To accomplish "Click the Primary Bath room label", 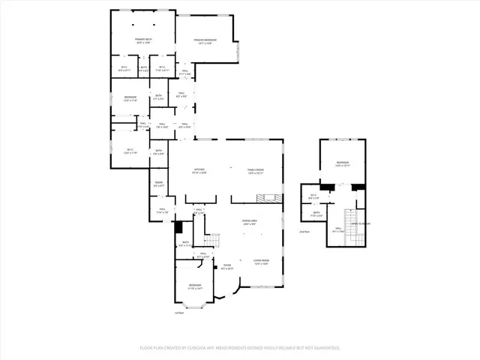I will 142,40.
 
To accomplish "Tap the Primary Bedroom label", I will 205,41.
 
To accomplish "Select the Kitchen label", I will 199,171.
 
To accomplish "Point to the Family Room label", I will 256,171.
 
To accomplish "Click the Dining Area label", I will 250,222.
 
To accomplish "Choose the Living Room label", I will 260,262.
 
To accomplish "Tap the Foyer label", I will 228,266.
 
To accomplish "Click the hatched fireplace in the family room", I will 262,198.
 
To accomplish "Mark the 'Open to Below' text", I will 361,223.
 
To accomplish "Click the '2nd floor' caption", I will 304,232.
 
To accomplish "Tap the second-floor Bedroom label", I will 342,163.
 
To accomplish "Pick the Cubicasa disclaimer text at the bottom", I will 240,348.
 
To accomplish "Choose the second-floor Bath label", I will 316,214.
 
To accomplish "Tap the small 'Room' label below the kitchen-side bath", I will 158,184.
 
